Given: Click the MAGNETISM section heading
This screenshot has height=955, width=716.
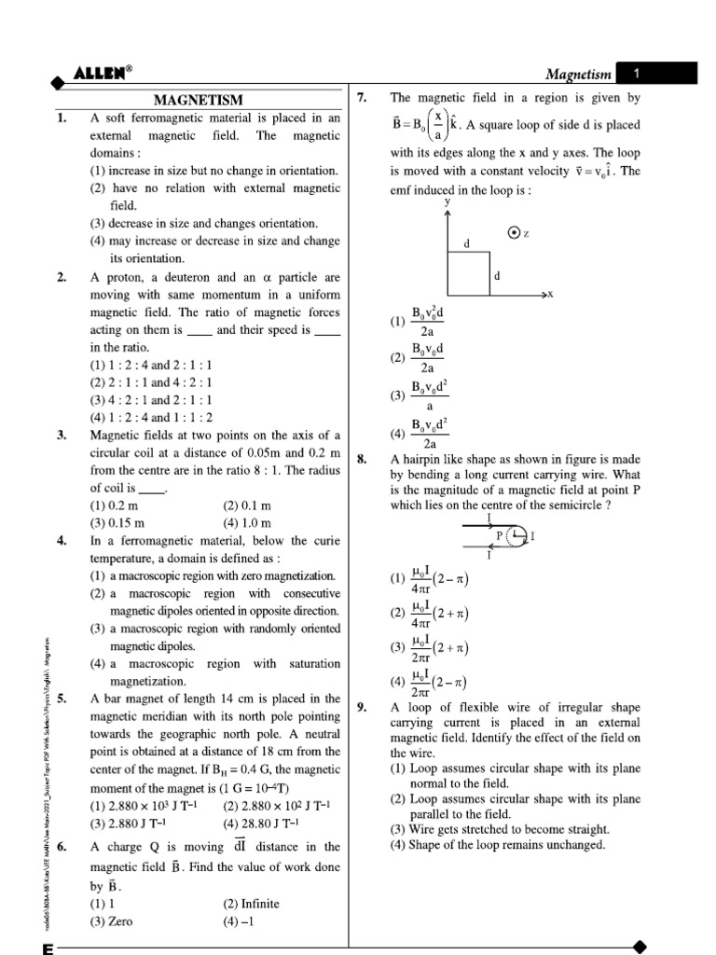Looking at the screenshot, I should pyautogui.click(x=198, y=100).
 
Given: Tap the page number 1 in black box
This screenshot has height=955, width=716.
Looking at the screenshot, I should pyautogui.click(x=635, y=73).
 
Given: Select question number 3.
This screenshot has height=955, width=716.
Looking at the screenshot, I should pyautogui.click(x=61, y=435).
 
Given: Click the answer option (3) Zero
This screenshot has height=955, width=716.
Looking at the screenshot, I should pyautogui.click(x=111, y=921).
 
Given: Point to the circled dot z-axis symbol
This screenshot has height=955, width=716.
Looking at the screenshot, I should pyautogui.click(x=514, y=233).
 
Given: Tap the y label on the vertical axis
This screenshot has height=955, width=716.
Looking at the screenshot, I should pyautogui.click(x=447, y=201).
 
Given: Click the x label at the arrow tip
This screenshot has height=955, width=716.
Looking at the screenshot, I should pyautogui.click(x=550, y=294).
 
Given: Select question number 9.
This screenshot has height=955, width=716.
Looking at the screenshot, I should pyautogui.click(x=363, y=709).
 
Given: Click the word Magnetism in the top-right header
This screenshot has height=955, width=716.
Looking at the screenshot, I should pyautogui.click(x=577, y=74).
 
